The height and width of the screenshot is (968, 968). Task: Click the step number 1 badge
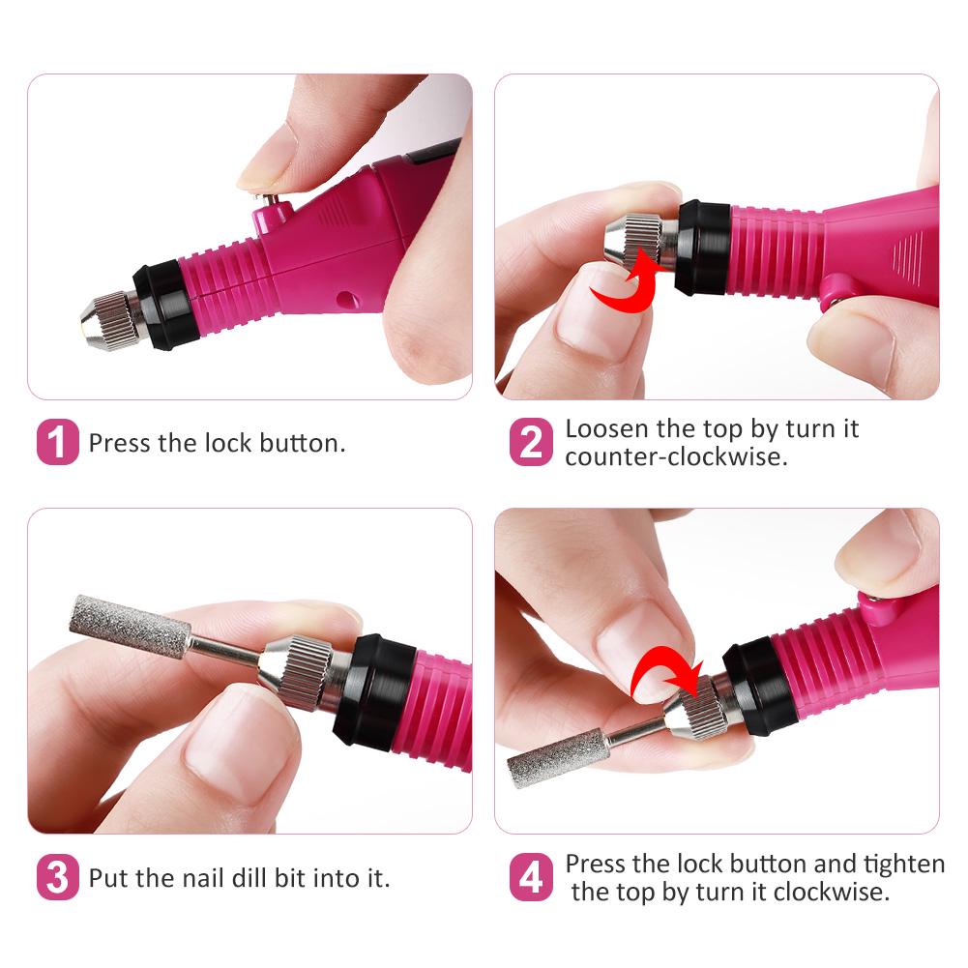(57, 442)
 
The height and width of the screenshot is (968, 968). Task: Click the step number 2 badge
(531, 442)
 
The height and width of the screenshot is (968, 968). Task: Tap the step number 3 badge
(57, 878)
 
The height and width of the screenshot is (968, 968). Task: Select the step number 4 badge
(531, 878)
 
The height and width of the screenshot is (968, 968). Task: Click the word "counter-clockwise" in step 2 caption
(676, 456)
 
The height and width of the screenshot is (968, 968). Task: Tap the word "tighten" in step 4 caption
(901, 864)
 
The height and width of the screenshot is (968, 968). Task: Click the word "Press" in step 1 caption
(120, 444)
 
